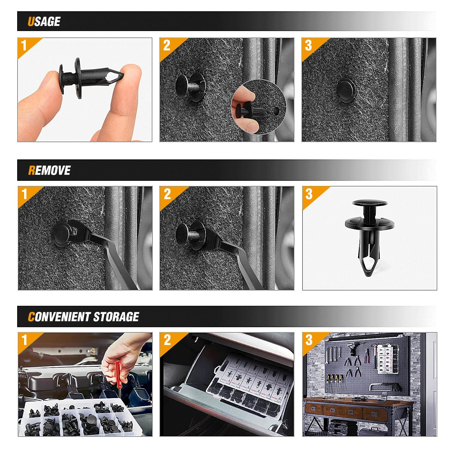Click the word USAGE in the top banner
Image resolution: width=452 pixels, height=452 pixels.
(44, 22)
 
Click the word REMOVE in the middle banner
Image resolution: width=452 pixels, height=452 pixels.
(49, 171)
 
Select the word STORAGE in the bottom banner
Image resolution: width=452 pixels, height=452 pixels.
(116, 317)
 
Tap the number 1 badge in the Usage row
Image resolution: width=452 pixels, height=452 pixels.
(24, 46)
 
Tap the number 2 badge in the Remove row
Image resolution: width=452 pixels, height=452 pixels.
(167, 194)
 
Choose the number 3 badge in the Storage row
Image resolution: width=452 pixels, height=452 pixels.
(309, 340)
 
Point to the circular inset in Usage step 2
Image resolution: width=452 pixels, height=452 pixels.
(259, 106)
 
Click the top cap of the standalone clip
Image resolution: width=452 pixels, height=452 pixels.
(369, 203)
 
